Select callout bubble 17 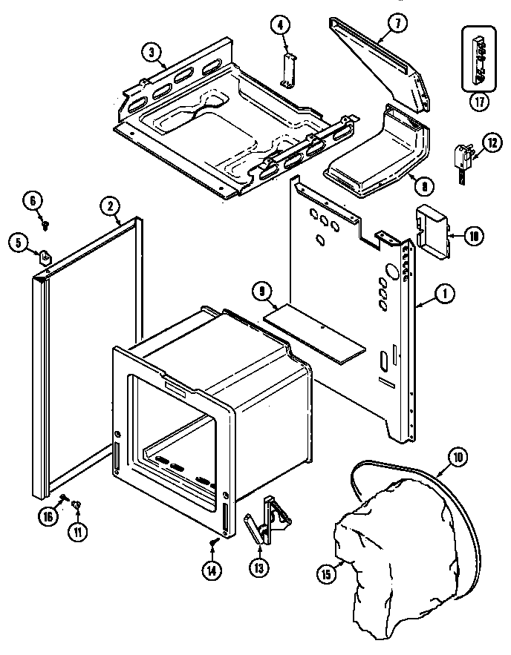coord(479,102)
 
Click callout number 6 coord(33,200)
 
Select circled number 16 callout coord(47,517)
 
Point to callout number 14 coord(212,570)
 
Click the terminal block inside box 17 coord(479,56)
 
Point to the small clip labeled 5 coord(46,257)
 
